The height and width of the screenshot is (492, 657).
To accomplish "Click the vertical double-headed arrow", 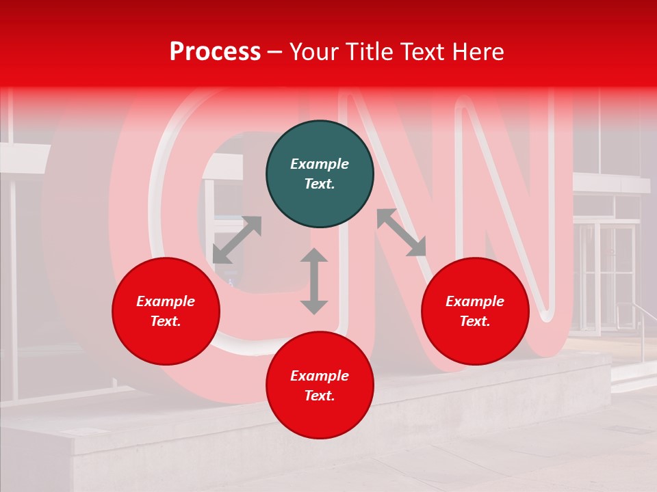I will pos(314,281).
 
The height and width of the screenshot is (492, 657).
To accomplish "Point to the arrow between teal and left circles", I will pos(237,240).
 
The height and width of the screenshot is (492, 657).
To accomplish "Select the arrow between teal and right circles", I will pos(402,232).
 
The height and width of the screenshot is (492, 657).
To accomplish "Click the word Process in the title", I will pos(215,51).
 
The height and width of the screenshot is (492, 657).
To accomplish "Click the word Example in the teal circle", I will pos(320,164).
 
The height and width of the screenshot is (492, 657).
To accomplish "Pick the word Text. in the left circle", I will pos(166,321).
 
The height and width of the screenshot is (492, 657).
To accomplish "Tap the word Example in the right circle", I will pos(475,301).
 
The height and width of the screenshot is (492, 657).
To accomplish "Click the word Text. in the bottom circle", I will pos(320,396).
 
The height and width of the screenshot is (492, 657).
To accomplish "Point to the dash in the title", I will pos(275,52).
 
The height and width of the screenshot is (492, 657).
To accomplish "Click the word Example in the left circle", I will pos(166,301).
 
